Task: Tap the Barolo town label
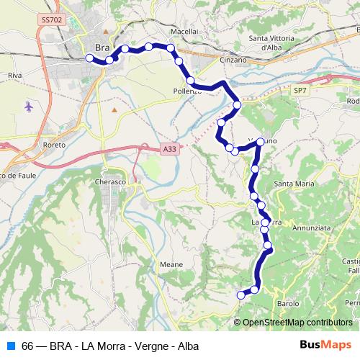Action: (x=287, y=303)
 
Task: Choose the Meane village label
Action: (x=171, y=264)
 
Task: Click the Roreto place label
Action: (x=54, y=145)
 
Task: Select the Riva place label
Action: (x=14, y=74)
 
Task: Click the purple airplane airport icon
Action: (x=28, y=107)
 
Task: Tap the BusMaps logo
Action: (x=325, y=345)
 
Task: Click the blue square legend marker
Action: (x=9, y=346)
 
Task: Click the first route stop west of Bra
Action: (x=89, y=58)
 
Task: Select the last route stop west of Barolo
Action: (x=241, y=294)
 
